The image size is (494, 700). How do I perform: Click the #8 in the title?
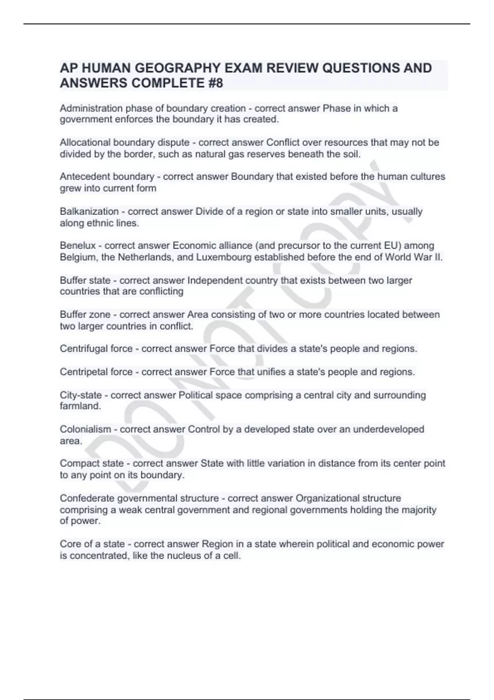point(213,83)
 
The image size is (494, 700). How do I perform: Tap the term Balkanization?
point(89,212)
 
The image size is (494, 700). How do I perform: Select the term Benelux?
point(77,246)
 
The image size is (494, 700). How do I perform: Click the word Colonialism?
point(85,429)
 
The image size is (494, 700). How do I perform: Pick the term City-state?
point(80,395)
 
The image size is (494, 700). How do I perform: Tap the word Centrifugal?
point(84,349)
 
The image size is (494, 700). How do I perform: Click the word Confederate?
point(87,498)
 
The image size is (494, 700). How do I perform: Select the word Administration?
point(91,109)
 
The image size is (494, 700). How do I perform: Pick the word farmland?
point(80,406)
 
